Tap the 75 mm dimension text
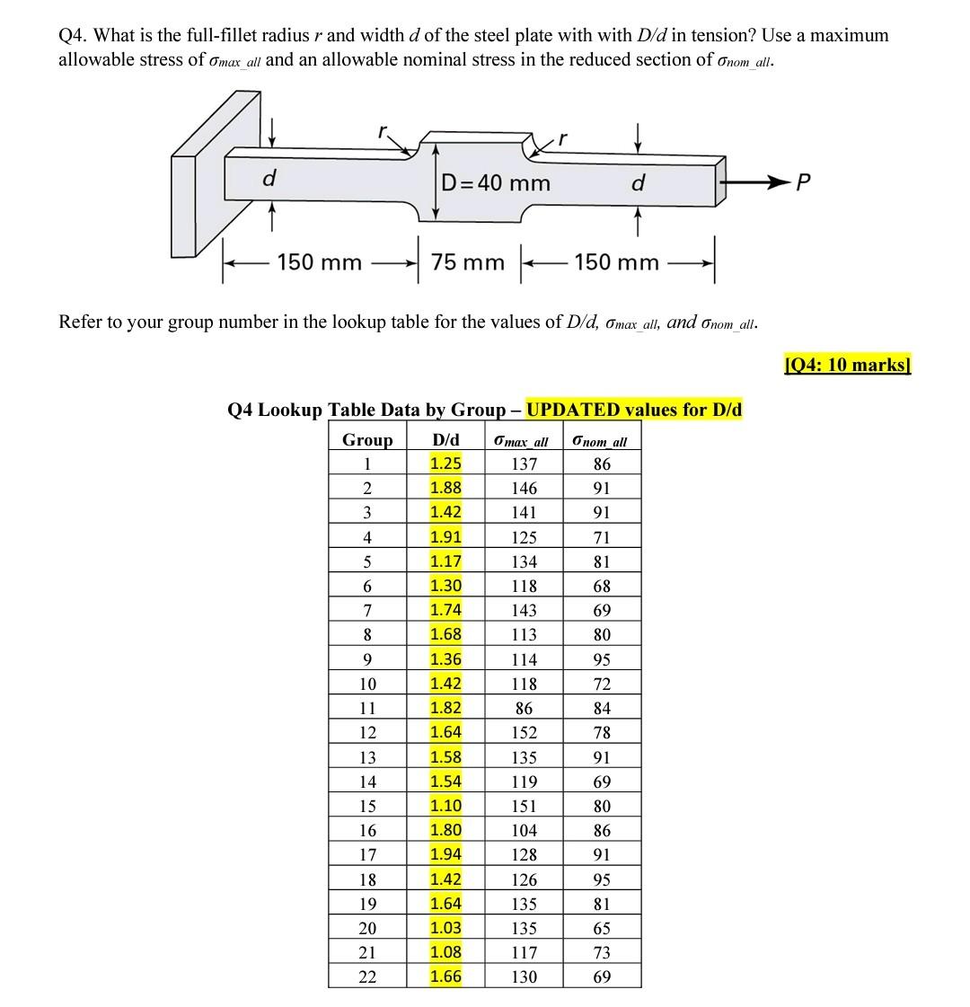coord(467,262)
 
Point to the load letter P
coord(804,183)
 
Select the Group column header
coord(367,440)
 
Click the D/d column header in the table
coord(445,440)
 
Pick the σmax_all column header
coord(522,441)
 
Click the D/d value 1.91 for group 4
coord(445,537)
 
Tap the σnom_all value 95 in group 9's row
coord(602,659)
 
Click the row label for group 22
coord(367,976)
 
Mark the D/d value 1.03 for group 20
coord(445,928)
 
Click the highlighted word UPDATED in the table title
coord(573,410)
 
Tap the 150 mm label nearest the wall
coord(319,262)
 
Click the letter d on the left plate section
coord(268,180)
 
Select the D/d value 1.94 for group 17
coord(445,854)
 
